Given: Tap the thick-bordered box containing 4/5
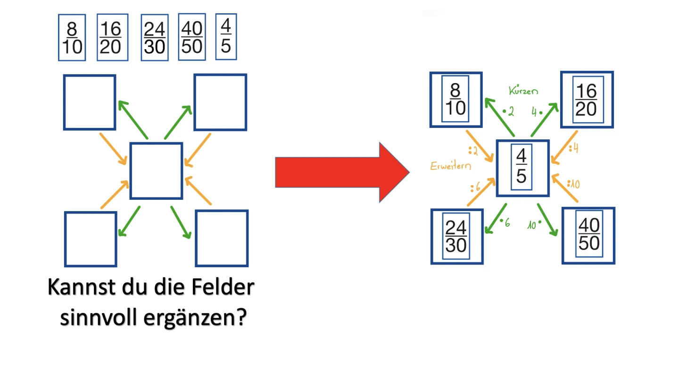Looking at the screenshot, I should point(522,168).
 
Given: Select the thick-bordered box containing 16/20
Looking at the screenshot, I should point(587,100).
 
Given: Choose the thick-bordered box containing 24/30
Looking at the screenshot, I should point(456,237).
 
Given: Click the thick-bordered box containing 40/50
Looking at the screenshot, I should point(589,235).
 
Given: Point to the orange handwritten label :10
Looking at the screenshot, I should point(571,183).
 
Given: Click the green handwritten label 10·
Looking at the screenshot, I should point(534,225).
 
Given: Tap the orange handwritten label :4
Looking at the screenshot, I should point(573,148).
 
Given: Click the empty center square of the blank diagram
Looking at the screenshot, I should point(156,170).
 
